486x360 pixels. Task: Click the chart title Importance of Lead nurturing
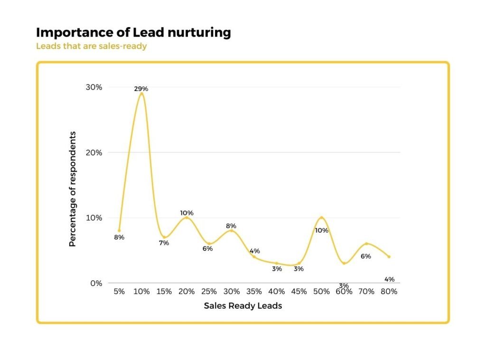(x=133, y=33)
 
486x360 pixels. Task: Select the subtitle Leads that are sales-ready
(x=91, y=46)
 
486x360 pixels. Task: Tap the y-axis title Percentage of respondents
(x=73, y=189)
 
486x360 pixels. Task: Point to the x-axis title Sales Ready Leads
(x=243, y=306)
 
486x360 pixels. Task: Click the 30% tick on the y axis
(x=93, y=87)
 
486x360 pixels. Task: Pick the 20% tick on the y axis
(x=93, y=153)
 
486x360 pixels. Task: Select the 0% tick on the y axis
(x=96, y=283)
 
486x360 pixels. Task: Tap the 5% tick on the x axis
(x=119, y=292)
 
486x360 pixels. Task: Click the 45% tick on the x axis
(x=299, y=292)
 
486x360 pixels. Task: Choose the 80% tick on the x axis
(x=389, y=292)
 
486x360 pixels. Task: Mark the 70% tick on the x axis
(x=366, y=292)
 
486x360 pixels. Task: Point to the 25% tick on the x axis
(x=209, y=292)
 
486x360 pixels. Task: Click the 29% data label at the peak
(x=141, y=89)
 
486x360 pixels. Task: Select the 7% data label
(x=164, y=243)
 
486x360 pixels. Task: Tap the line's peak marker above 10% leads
(x=141, y=94)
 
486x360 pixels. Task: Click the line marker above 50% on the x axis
(x=321, y=218)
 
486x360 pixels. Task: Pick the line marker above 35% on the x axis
(x=254, y=257)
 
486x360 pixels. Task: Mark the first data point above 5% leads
(x=119, y=231)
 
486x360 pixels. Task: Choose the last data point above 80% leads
(x=389, y=257)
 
